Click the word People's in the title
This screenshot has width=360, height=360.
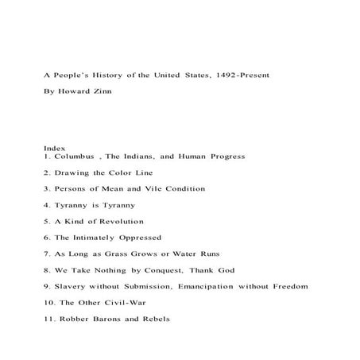tap(72, 75)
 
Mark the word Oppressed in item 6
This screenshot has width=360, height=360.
tap(138, 238)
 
